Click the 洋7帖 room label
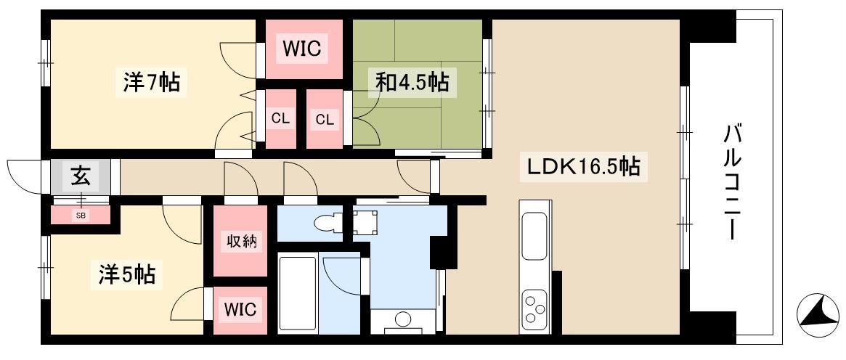tap(152, 83)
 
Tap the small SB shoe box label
tap(81, 216)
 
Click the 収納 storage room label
tap(240, 242)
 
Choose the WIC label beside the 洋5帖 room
tap(240, 311)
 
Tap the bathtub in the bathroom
tap(297, 294)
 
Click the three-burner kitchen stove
tap(534, 310)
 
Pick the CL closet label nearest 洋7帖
tap(280, 120)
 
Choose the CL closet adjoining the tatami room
tap(325, 120)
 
